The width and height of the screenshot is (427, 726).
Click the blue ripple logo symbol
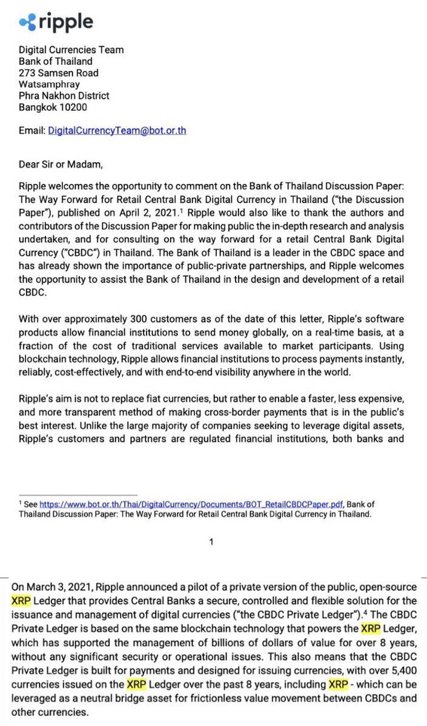[28, 22]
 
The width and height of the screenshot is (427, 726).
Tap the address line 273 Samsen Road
[59, 73]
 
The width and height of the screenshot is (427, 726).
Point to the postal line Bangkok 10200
[53, 107]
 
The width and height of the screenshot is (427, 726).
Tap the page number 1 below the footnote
[211, 543]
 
